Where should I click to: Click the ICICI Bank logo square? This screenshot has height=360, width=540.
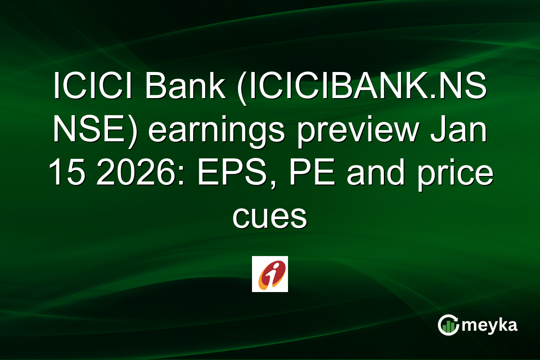point(270,274)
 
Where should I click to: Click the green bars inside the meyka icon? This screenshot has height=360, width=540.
point(448,327)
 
